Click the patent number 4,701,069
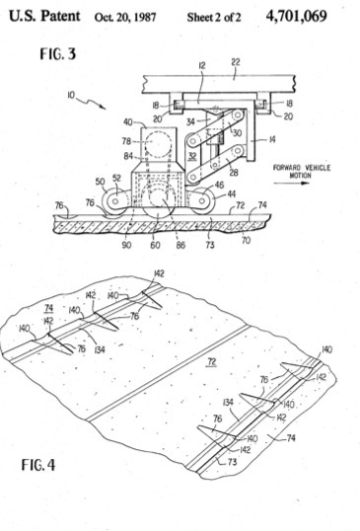pyautogui.click(x=297, y=16)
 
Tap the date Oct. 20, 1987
pyautogui.click(x=125, y=17)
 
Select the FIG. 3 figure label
pyautogui.click(x=58, y=54)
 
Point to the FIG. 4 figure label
pyautogui.click(x=38, y=464)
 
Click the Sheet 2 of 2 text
pyautogui.click(x=214, y=17)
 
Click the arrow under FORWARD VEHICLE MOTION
pyautogui.click(x=291, y=184)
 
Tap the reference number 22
pyautogui.click(x=236, y=62)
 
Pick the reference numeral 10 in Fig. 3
pyautogui.click(x=71, y=95)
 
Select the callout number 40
pyautogui.click(x=128, y=122)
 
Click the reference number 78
pyautogui.click(x=127, y=141)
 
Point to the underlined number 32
pyautogui.click(x=192, y=157)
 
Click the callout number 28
pyautogui.click(x=234, y=173)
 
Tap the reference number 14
pyautogui.click(x=272, y=139)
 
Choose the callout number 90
pyautogui.click(x=126, y=245)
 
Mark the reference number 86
pyautogui.click(x=180, y=245)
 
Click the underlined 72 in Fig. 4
pyautogui.click(x=211, y=362)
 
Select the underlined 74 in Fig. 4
pyautogui.click(x=49, y=308)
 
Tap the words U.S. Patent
pyautogui.click(x=44, y=16)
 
